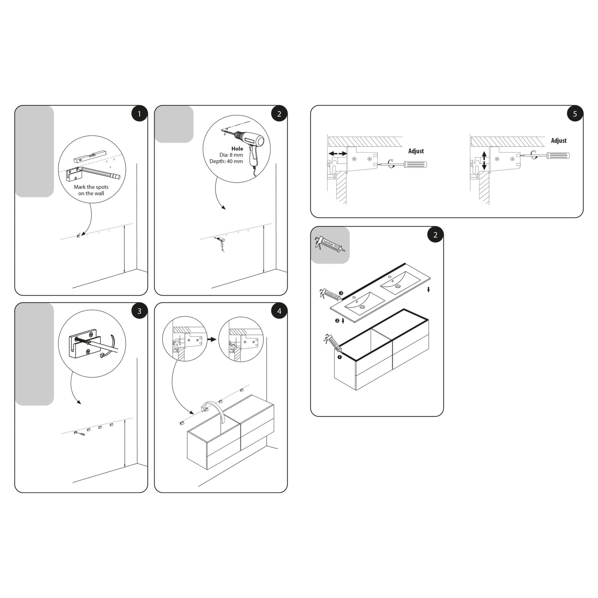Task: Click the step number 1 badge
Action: pos(139,114)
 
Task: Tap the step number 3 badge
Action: pos(139,311)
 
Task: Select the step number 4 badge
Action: pos(279,311)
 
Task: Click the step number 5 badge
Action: pos(575,114)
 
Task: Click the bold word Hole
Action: pos(237,148)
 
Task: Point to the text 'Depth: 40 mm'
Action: pos(226,161)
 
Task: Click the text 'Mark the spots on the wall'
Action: pos(91,190)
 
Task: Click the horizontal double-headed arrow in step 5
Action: pos(338,154)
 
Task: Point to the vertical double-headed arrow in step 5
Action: pos(484,160)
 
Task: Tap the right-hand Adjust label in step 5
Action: pos(558,140)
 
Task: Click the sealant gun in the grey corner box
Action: pos(329,245)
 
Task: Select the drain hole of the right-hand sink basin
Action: pos(398,286)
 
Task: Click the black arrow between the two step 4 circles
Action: pos(212,339)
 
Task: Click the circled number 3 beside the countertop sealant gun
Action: pos(341,293)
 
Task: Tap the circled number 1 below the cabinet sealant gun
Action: pos(339,357)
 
